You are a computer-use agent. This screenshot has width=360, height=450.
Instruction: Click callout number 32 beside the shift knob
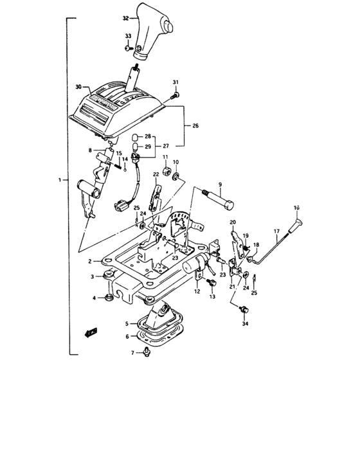125,20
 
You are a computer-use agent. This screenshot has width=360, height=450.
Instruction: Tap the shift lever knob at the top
153,29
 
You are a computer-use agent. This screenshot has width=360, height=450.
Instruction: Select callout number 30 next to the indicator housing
79,86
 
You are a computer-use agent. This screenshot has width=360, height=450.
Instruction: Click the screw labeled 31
174,96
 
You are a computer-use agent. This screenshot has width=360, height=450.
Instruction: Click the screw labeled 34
244,310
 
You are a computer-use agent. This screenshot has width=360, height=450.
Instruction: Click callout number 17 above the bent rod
276,231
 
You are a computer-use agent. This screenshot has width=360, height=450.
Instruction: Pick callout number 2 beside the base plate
91,262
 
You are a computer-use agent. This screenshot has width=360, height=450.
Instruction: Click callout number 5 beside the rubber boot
127,323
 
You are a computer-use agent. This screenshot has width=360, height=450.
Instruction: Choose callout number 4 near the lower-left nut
94,298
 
